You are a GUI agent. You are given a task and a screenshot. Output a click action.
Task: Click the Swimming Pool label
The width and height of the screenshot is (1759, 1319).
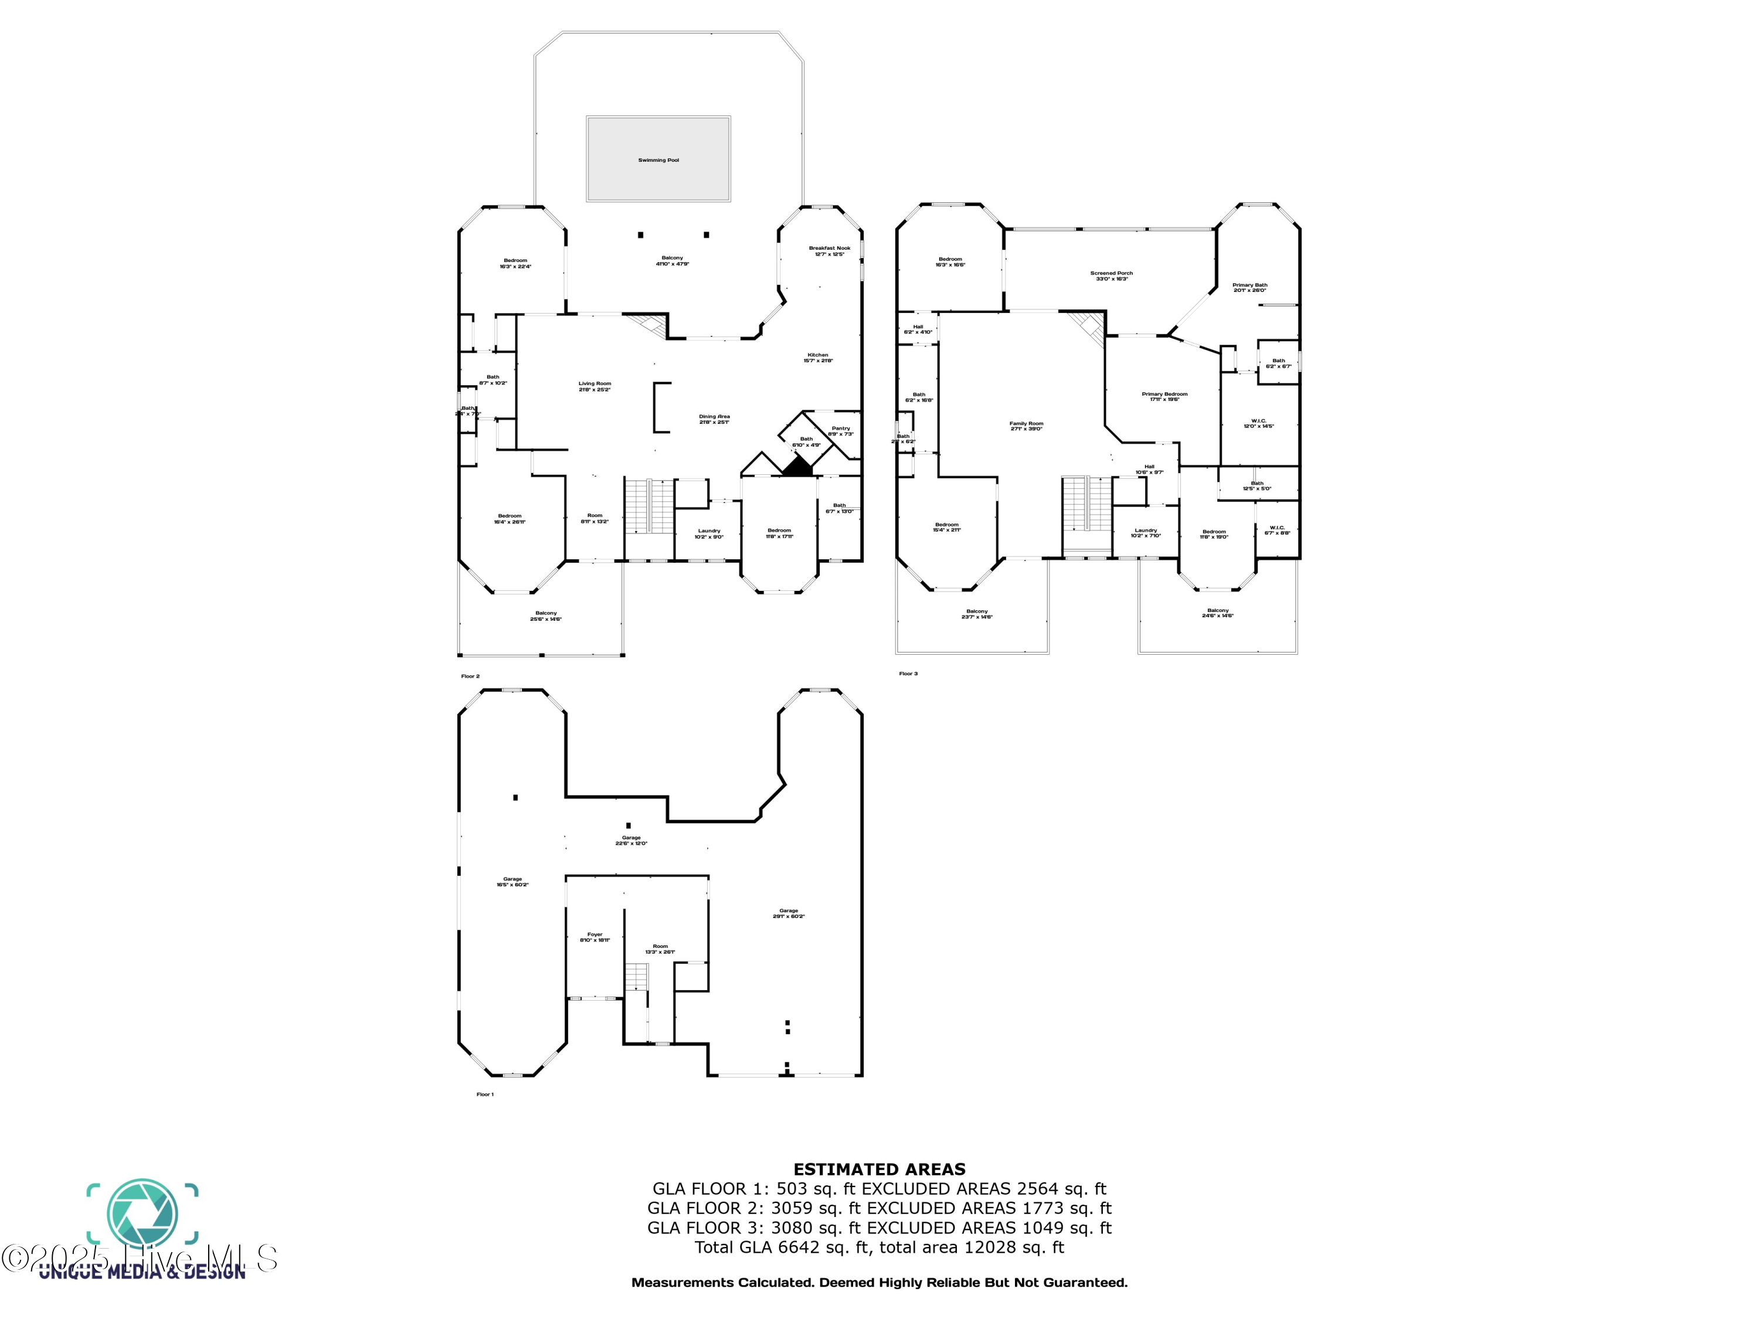658,160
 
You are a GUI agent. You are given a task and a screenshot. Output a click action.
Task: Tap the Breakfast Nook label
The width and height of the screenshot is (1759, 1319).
830,248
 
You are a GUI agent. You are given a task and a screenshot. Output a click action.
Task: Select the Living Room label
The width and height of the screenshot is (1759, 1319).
595,384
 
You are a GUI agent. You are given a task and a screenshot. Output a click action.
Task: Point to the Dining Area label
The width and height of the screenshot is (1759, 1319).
714,417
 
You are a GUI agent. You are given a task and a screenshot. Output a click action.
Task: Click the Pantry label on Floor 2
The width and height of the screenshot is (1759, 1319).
841,429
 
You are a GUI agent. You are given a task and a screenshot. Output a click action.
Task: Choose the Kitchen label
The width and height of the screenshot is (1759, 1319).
817,355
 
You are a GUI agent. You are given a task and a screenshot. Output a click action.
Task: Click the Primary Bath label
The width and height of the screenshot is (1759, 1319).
1249,285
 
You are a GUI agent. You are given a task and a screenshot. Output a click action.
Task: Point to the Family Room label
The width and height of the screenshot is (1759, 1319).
1026,424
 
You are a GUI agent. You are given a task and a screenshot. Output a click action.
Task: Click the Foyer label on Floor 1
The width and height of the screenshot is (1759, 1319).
595,935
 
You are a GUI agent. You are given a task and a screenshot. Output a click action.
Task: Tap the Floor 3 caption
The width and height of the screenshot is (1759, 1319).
908,674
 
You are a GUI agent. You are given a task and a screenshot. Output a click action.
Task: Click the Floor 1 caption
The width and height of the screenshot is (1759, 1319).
485,1094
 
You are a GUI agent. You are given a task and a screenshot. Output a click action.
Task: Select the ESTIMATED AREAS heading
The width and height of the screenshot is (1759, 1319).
880,1170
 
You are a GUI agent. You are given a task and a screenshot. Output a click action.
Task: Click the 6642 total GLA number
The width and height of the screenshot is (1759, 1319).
799,1247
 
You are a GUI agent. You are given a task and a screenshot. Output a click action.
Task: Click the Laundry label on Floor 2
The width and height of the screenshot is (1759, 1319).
708,531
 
